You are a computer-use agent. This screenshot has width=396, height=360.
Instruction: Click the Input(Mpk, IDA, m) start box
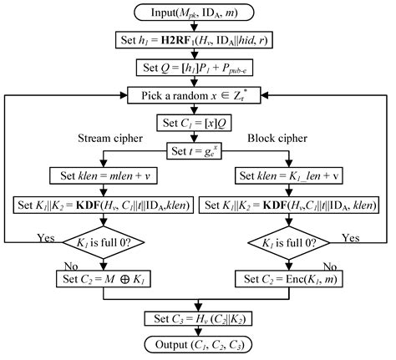(198, 13)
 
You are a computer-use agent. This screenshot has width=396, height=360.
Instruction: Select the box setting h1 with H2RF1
(198, 40)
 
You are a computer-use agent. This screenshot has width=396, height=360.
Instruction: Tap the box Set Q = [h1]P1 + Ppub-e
(198, 68)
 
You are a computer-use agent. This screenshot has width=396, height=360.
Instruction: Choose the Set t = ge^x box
(198, 150)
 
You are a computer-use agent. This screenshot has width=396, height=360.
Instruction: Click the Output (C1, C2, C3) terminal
(198, 344)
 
